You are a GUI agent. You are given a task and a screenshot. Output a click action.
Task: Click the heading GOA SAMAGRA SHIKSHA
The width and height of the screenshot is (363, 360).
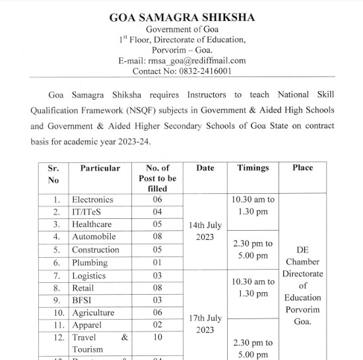[x=181, y=18]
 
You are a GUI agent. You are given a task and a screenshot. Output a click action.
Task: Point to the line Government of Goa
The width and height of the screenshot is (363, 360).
[x=181, y=30]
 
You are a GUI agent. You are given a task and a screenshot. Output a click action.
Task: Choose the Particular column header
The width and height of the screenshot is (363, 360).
[x=100, y=168]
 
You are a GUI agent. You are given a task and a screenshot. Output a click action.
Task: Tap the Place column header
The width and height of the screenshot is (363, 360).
[x=302, y=168]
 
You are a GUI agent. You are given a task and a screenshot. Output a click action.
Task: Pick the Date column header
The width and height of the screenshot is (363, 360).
[x=205, y=168]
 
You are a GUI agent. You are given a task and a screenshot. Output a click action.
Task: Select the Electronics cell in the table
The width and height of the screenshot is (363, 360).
[x=92, y=200]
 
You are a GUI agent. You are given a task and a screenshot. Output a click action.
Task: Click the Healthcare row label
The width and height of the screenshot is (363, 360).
[x=92, y=225]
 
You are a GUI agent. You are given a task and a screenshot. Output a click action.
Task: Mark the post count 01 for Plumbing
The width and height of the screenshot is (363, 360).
[x=157, y=262]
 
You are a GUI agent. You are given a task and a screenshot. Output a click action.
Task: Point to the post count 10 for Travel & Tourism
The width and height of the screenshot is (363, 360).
[x=157, y=338]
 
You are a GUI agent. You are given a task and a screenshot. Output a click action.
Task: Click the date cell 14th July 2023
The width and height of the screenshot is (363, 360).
[x=205, y=231]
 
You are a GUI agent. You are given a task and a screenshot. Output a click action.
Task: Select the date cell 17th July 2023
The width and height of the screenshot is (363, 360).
[x=205, y=324]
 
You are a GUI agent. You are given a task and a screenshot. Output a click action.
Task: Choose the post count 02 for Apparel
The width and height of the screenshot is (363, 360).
[x=157, y=325]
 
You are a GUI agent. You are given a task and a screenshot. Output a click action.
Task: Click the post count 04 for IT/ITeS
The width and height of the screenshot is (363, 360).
[x=157, y=212]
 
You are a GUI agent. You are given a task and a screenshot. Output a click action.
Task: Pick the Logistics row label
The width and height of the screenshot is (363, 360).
[x=88, y=276]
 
